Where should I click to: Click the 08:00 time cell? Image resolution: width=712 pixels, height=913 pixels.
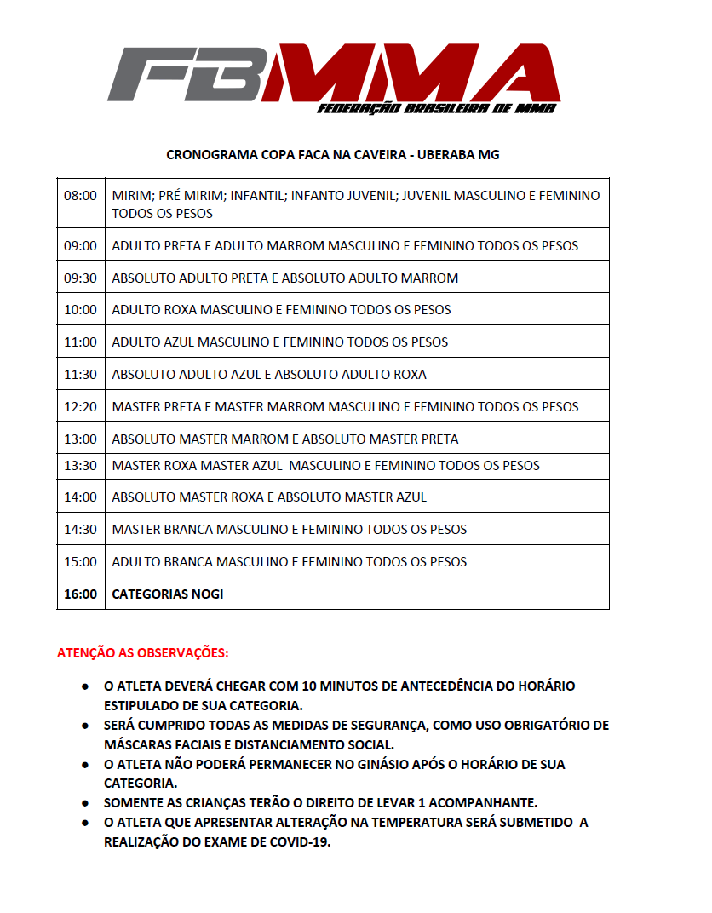pos(80,196)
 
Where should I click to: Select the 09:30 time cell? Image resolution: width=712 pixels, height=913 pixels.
pos(80,278)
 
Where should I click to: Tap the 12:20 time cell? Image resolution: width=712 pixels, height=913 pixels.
pos(80,407)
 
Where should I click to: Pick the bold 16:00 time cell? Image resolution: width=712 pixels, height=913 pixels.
pos(80,594)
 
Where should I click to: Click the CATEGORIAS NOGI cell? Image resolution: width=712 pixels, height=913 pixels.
pos(168,594)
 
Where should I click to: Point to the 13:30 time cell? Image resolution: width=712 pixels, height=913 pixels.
pos(80,466)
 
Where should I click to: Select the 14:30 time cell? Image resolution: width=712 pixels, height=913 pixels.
pos(80,530)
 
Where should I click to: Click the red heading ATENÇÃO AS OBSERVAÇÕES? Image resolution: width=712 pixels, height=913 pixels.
pos(142,654)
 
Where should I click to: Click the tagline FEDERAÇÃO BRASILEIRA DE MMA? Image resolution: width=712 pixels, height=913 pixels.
pos(436,109)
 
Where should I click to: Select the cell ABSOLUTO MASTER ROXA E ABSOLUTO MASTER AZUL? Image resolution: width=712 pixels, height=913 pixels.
pos(269,497)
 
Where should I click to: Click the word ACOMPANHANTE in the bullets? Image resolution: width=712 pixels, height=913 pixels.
pos(485,802)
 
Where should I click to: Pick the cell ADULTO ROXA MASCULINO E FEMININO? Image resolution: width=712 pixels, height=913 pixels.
pos(281,310)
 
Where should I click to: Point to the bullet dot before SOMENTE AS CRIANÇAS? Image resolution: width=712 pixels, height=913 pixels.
pos(86,802)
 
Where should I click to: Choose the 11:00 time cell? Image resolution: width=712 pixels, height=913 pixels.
pos(80,342)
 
